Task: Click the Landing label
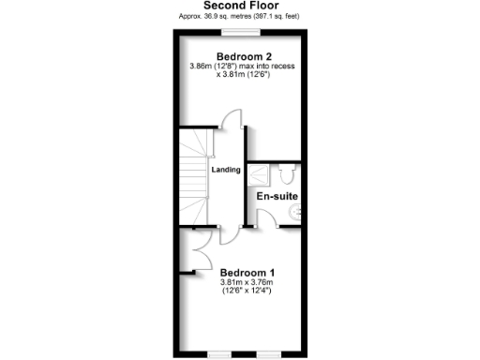click(x=226, y=170)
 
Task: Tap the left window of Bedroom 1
click(x=219, y=354)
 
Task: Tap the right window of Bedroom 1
click(x=269, y=354)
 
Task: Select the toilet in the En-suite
click(x=288, y=173)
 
